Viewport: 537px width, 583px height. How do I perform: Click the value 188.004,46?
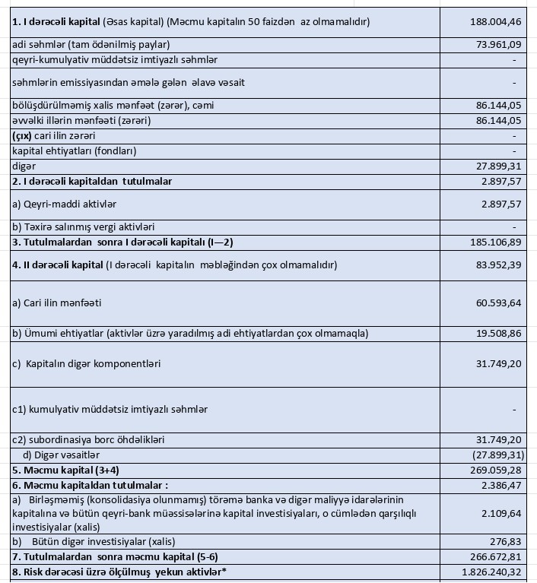click(496, 22)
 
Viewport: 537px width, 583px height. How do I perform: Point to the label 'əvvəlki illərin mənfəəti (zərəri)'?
click(92, 120)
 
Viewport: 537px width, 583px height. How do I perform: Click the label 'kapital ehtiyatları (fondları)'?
click(75, 151)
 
